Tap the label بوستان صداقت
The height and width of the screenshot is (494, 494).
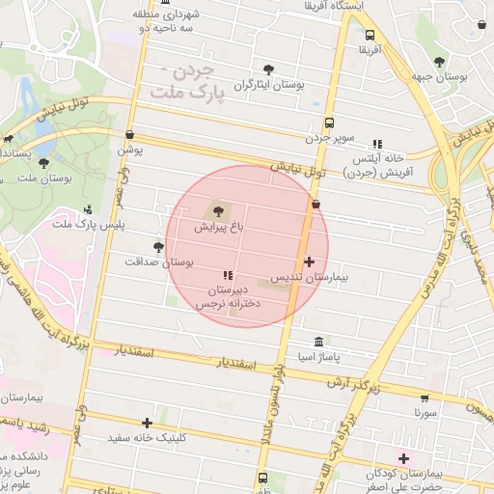coord(160,261)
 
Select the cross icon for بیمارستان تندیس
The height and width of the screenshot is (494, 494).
coord(309,261)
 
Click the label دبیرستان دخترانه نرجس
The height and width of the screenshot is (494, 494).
coord(229,296)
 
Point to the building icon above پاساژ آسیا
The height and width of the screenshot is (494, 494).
coord(319,343)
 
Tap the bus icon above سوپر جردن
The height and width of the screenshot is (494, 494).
coord(329,123)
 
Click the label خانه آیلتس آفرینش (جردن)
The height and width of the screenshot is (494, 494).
coord(379,164)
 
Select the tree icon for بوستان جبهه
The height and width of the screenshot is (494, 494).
coord(440,62)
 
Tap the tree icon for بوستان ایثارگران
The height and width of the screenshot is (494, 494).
coord(268,69)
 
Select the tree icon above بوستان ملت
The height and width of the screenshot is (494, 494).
coord(46,163)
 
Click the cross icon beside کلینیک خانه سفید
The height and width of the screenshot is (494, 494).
coord(147,422)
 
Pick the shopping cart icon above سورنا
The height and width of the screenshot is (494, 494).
coord(425,397)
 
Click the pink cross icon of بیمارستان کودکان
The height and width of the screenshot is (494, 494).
coord(403,457)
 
